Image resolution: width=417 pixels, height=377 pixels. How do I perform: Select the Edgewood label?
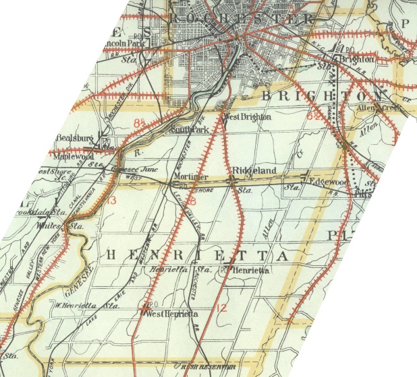point(327,182)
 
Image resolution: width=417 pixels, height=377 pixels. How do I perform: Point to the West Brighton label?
point(247,116)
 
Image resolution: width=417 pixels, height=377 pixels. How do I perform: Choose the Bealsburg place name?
point(74,137)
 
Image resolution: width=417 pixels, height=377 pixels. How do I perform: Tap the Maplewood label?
point(75,156)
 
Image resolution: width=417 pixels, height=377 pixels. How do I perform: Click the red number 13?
point(111,201)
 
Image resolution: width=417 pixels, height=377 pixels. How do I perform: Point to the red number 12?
point(221,308)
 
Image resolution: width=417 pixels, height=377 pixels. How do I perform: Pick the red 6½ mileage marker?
point(314,116)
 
